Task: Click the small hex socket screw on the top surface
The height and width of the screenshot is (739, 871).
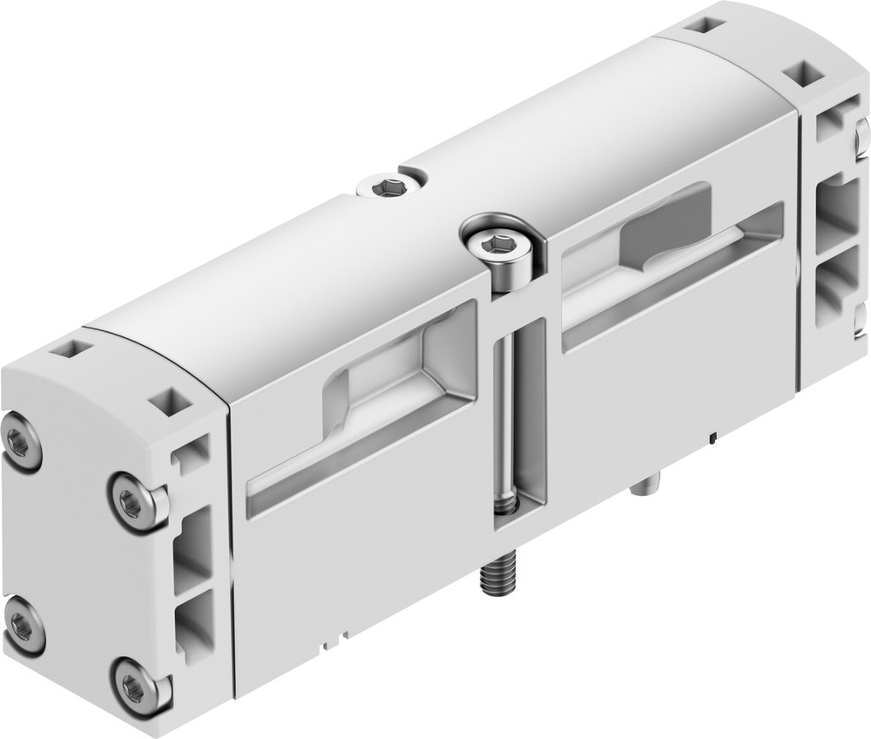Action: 390,186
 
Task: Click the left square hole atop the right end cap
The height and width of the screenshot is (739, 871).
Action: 699,25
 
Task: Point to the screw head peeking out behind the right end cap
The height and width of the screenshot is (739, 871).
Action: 862,135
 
